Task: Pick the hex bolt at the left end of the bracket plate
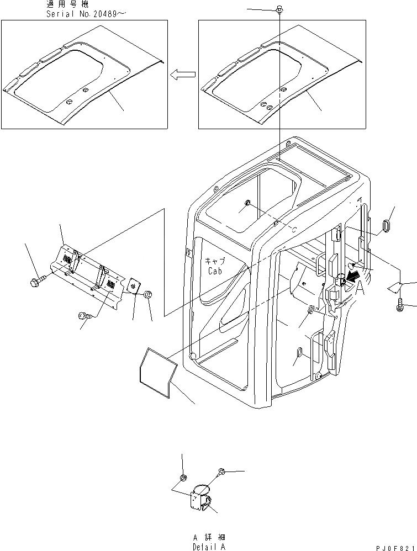pyautogui.click(x=36, y=282)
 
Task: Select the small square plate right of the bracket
pyautogui.click(x=135, y=285)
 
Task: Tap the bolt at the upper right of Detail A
pyautogui.click(x=221, y=471)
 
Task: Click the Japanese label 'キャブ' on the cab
pyautogui.click(x=215, y=262)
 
